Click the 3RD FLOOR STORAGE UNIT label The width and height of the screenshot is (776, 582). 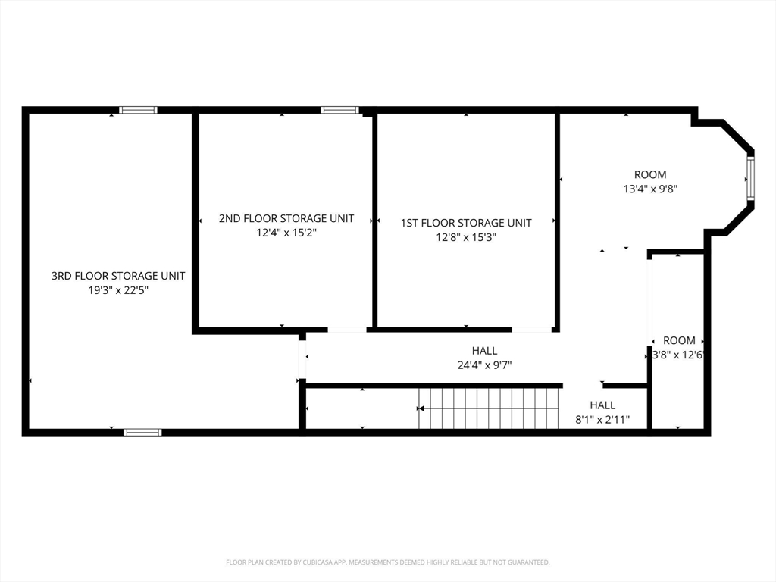tap(118, 276)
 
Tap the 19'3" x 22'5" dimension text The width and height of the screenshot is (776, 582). tap(118, 290)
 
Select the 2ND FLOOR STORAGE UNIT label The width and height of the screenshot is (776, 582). tap(286, 218)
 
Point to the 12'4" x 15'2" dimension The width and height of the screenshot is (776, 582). tap(286, 233)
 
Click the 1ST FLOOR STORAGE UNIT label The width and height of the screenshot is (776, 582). tap(466, 223)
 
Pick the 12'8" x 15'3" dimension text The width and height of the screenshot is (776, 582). tap(466, 237)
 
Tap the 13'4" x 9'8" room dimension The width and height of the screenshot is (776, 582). tap(650, 189)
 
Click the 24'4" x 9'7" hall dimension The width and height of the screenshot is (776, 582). tap(484, 365)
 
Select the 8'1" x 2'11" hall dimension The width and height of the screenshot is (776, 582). tap(602, 420)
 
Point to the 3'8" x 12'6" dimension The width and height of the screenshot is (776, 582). tap(678, 355)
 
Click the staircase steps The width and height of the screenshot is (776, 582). tap(489, 408)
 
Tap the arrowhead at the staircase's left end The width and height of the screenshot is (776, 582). tap(421, 408)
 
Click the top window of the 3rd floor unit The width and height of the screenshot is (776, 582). tap(138, 110)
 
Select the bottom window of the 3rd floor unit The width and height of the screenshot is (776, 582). tap(142, 433)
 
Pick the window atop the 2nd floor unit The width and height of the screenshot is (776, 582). tap(339, 110)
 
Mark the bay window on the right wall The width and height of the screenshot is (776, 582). tap(751, 178)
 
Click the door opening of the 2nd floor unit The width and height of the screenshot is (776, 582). tap(347, 330)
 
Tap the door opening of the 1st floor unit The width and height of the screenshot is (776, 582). tap(532, 330)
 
